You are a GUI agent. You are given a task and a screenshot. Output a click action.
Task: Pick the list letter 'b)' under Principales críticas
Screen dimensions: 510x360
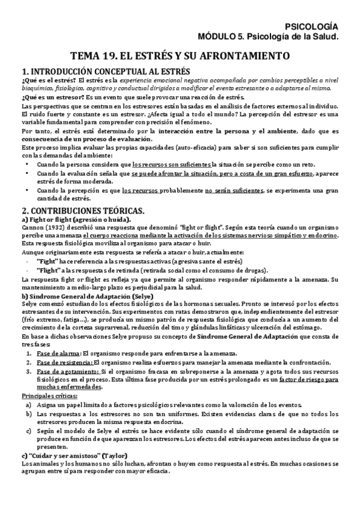28,414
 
